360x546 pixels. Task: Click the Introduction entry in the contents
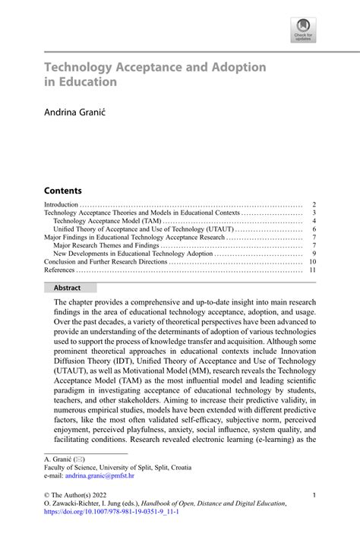(62, 205)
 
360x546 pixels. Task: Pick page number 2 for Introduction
(314, 205)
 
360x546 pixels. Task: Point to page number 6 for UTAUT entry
(314, 229)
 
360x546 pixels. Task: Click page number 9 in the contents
(314, 254)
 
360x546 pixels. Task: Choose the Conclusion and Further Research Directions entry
(106, 262)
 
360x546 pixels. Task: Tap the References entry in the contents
(59, 270)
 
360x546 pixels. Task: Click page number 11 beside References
(312, 270)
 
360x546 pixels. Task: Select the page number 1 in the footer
(314, 494)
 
